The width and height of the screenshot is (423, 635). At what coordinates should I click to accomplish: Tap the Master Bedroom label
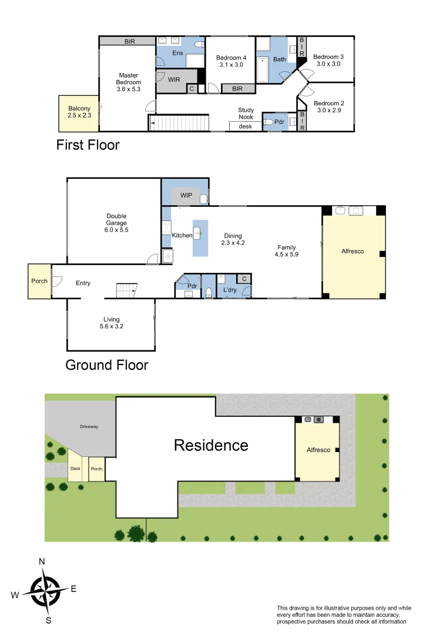[x=128, y=82]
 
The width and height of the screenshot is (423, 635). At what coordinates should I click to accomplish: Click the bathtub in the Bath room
[x=263, y=69]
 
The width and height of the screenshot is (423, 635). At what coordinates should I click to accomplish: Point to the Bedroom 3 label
[x=328, y=61]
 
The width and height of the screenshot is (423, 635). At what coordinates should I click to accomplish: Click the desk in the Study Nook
[x=244, y=126]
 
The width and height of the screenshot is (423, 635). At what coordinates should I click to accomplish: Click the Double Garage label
[x=116, y=223]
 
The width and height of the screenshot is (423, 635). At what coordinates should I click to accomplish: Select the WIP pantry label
[x=186, y=195]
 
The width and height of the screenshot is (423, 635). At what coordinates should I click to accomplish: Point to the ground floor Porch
[x=39, y=281]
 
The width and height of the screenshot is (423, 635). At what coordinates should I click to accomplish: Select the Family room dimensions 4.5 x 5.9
[x=287, y=255]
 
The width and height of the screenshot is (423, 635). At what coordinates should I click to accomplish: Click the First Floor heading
[x=88, y=145]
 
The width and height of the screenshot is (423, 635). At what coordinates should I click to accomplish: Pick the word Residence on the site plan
[x=210, y=445]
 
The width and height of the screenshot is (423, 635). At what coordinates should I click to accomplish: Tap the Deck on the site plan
[x=75, y=468]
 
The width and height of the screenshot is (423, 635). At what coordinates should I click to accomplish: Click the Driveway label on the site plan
[x=89, y=426]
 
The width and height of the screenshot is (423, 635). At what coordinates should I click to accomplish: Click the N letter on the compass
[x=42, y=562]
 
